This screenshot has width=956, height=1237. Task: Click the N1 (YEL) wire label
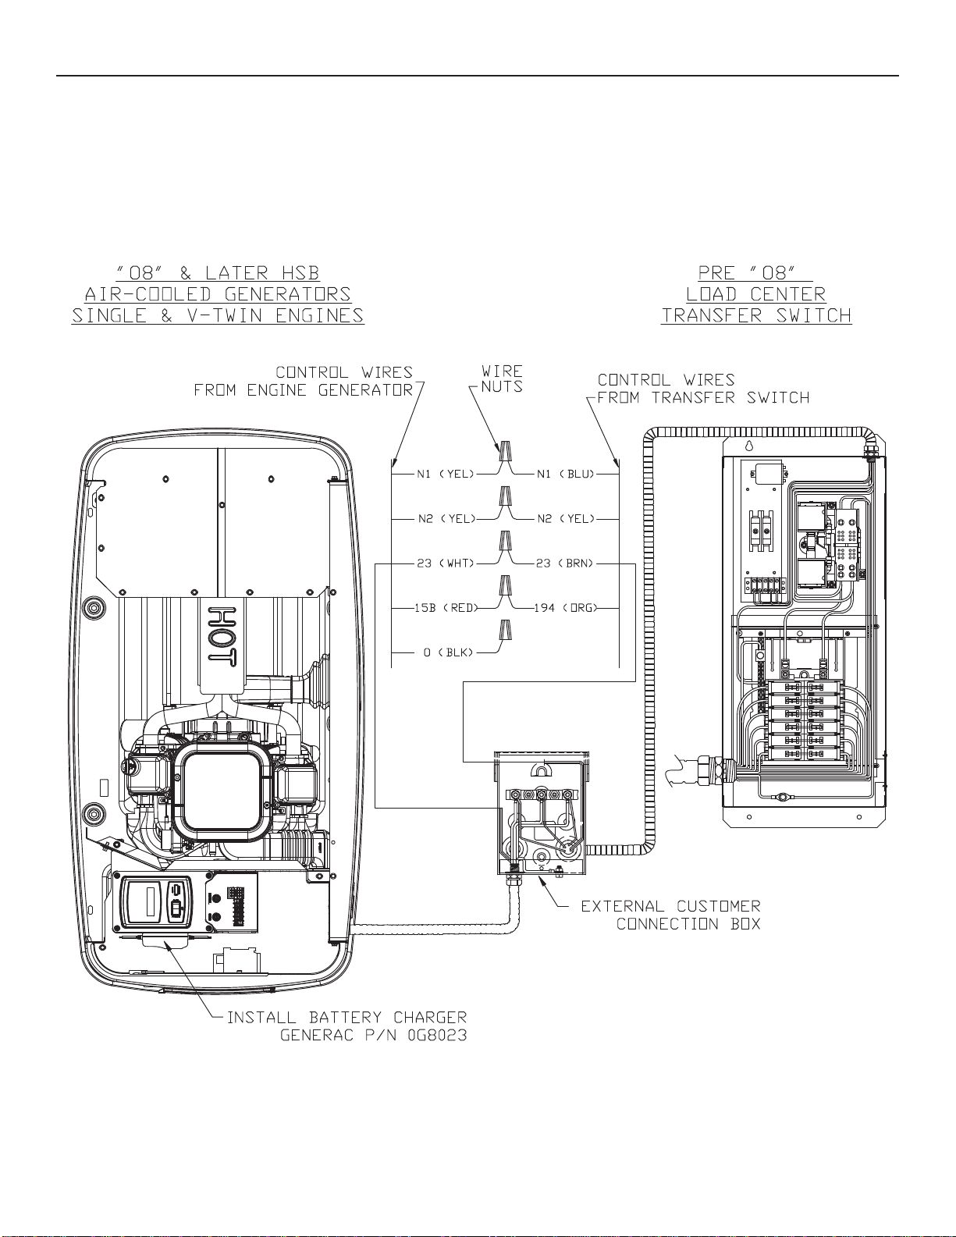[446, 474]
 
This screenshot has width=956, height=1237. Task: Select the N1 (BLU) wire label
[566, 474]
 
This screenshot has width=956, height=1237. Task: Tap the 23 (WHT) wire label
[446, 563]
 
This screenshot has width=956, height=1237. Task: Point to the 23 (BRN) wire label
[564, 563]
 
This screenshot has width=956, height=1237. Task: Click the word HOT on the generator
[222, 634]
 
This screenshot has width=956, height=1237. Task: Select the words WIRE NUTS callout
[502, 379]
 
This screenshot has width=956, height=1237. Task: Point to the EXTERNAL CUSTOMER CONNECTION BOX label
[671, 915]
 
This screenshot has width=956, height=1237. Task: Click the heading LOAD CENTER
[755, 294]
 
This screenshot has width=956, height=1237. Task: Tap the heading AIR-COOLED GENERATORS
[218, 294]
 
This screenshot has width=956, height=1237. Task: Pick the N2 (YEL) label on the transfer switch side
[567, 518]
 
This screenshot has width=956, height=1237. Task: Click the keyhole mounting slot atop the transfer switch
[749, 446]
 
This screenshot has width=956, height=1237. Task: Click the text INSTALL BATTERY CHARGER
[347, 1017]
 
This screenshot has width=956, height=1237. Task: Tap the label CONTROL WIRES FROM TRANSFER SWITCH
[703, 388]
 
